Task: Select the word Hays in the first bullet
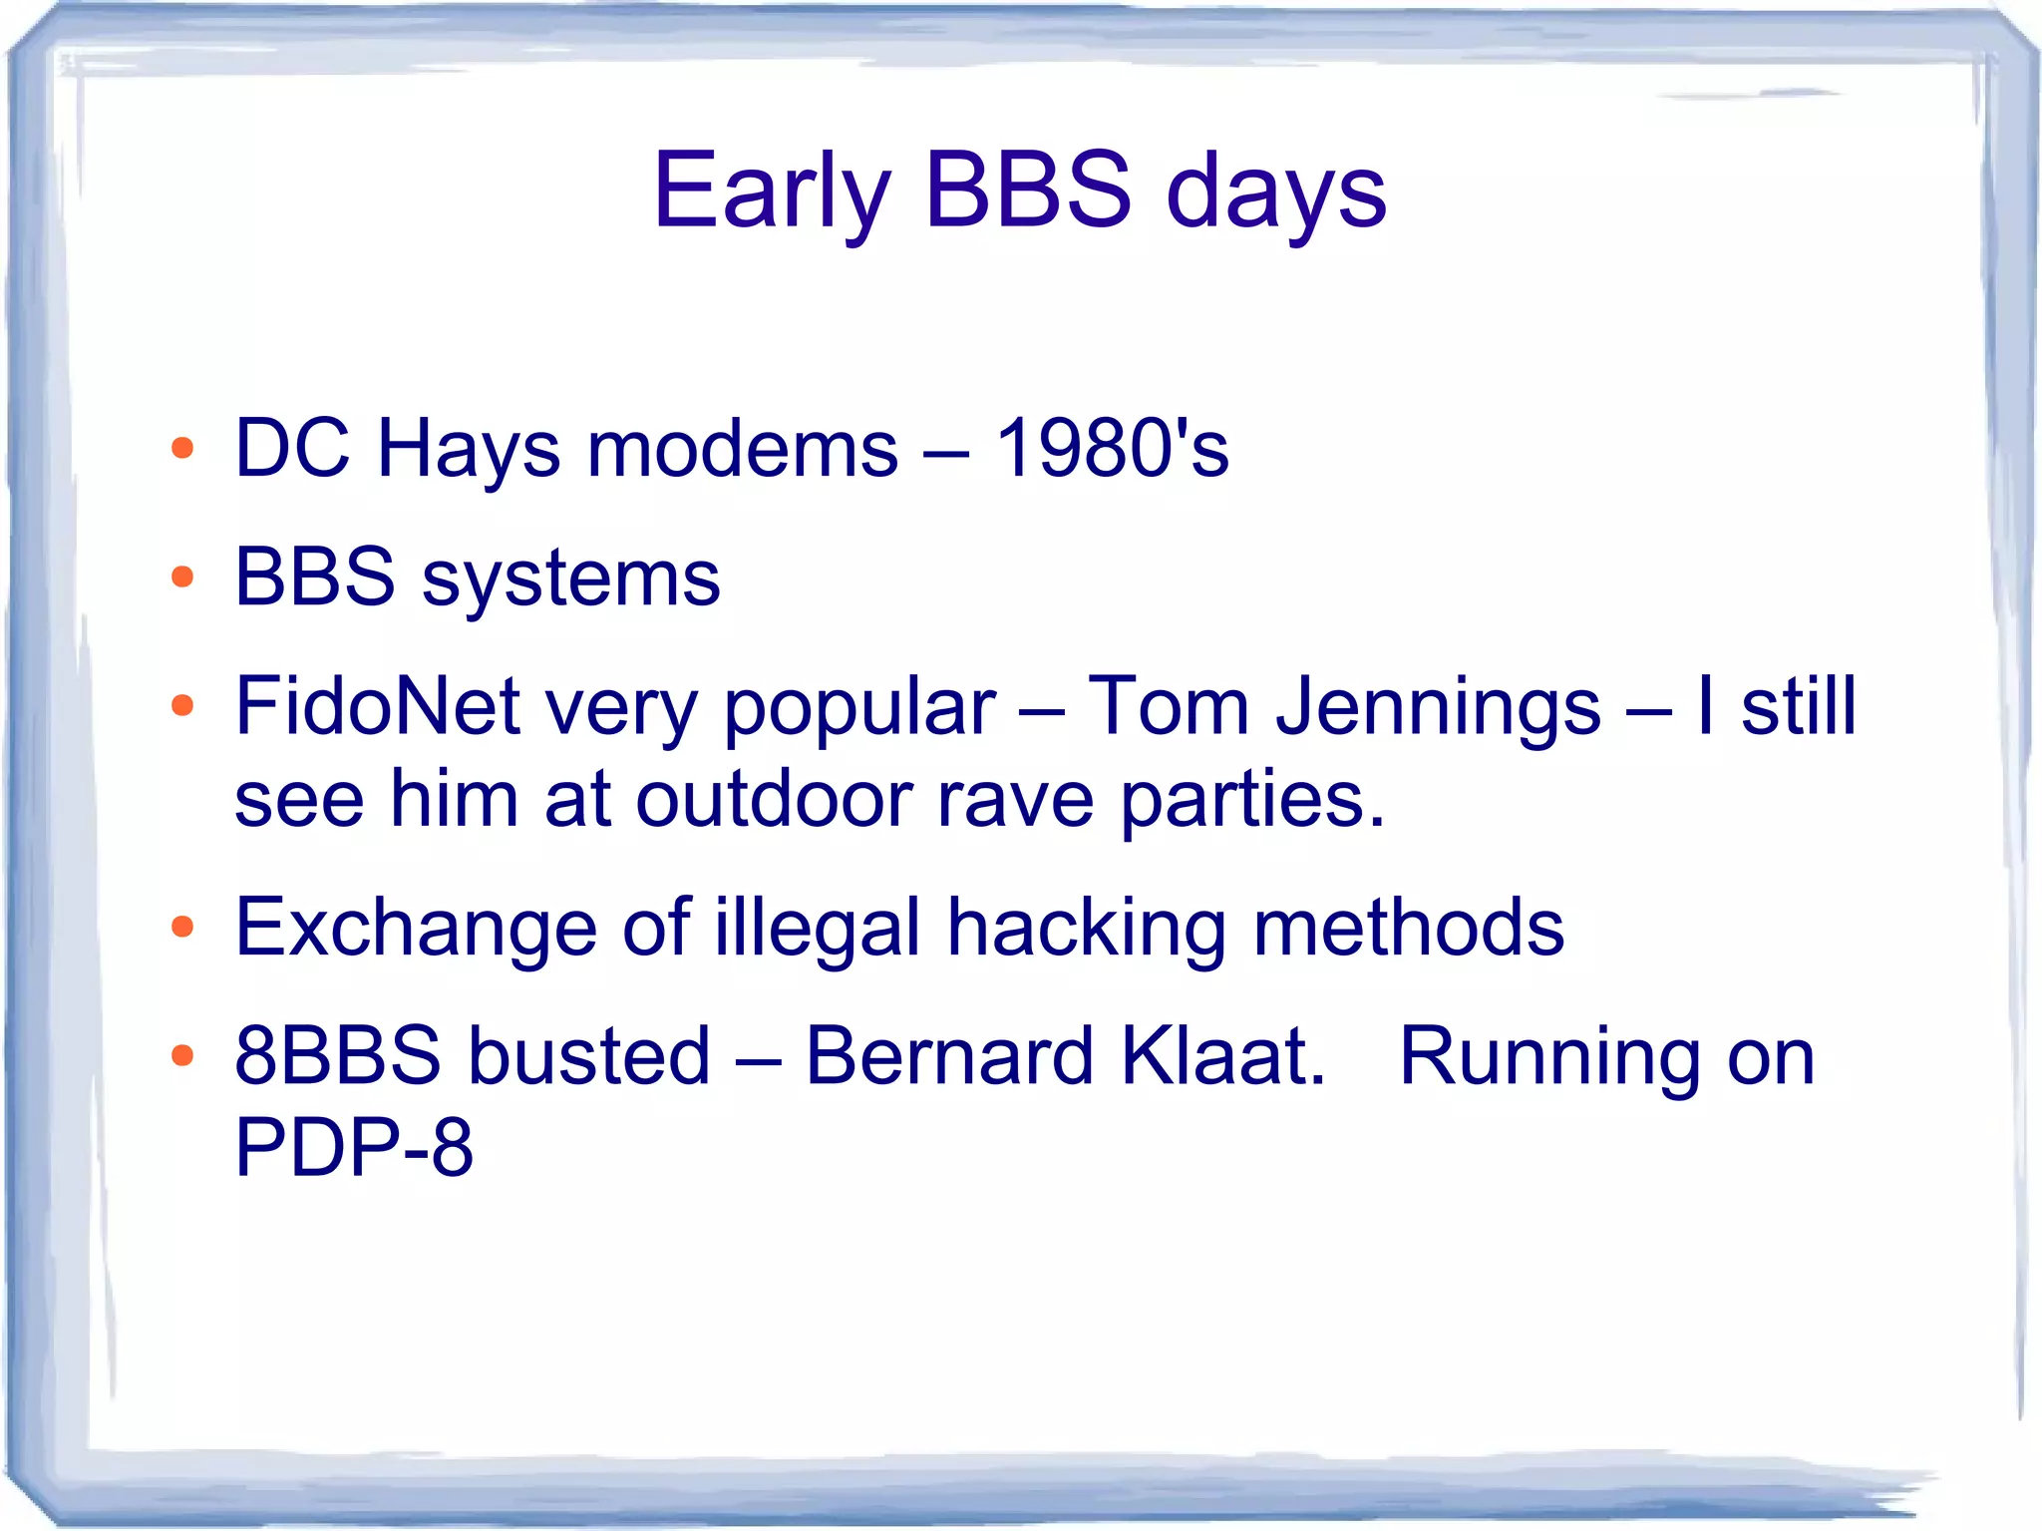[x=468, y=449]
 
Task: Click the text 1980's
[x=1112, y=449]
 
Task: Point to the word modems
[x=742, y=449]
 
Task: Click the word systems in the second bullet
[x=570, y=578]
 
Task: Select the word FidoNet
[x=377, y=706]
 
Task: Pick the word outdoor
[x=774, y=799]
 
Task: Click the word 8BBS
[x=337, y=1056]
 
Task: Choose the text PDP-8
[x=353, y=1147]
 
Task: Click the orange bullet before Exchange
[x=181, y=928]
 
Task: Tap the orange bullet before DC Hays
[x=181, y=448]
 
